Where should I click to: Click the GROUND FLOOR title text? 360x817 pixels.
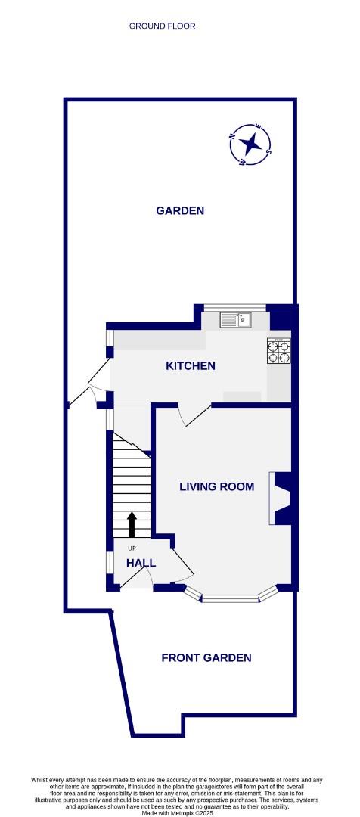(x=162, y=26)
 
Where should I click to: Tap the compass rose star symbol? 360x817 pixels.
(x=250, y=143)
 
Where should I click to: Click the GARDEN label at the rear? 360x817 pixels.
(x=180, y=210)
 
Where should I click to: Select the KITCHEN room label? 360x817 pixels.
(x=191, y=365)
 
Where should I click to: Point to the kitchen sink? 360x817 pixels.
(x=235, y=320)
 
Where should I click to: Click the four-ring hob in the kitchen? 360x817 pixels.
(x=278, y=349)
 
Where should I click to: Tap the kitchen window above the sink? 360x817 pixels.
(x=235, y=306)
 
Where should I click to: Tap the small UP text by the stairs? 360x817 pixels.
(x=132, y=548)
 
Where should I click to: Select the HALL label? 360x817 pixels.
(x=141, y=563)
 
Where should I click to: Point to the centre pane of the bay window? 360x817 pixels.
(x=231, y=600)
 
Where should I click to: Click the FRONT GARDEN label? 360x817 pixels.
(x=206, y=657)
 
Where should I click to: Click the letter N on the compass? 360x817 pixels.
(x=232, y=137)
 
